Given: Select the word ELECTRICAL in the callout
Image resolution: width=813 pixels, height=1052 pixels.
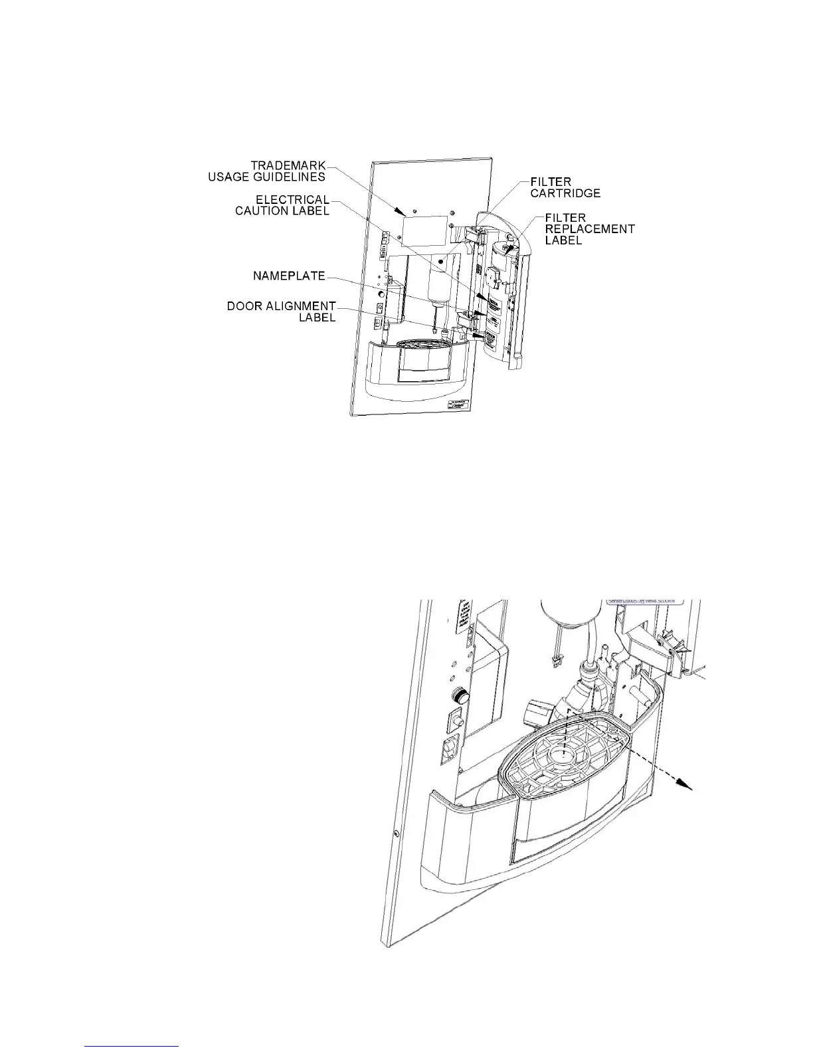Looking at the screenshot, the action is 292,200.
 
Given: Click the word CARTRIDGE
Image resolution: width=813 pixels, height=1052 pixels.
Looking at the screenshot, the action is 565,193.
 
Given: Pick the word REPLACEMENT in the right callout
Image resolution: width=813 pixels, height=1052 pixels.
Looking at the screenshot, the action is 590,228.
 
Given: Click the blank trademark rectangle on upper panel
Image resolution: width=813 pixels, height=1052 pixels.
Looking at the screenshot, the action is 424,230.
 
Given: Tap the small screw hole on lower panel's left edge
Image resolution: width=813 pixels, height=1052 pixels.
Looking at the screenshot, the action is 397,832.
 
